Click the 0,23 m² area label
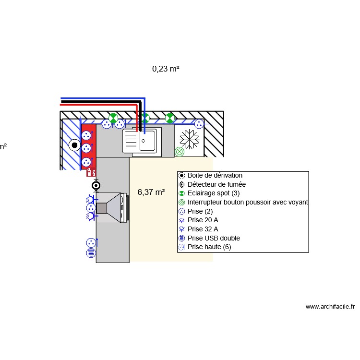click(166, 69)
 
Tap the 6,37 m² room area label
click(151, 192)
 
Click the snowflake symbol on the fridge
click(190, 139)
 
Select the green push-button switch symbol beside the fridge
click(180, 152)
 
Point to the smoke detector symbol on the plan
click(96, 185)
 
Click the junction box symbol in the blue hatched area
click(74, 145)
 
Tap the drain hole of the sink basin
click(143, 141)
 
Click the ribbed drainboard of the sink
click(131, 141)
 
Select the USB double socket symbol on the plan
click(91, 253)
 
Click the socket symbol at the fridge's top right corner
click(199, 124)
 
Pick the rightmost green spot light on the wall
click(169, 118)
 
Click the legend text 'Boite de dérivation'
click(215, 175)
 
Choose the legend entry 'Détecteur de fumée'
click(216, 184)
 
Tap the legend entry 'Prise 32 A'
click(203, 229)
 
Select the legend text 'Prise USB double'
click(214, 238)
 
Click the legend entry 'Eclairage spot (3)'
click(214, 193)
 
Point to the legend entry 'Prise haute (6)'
click(209, 247)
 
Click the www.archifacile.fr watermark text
click(330, 307)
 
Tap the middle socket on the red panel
click(86, 148)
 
